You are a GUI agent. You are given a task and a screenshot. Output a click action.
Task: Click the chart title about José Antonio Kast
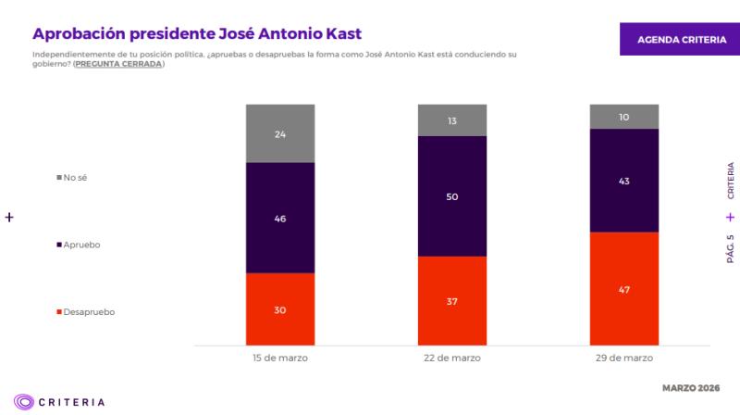tap(197, 33)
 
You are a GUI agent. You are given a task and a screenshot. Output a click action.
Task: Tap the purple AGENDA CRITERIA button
tap(674, 41)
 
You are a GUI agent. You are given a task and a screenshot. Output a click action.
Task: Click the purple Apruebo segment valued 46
tap(280, 218)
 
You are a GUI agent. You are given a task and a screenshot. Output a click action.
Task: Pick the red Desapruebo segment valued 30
tap(280, 309)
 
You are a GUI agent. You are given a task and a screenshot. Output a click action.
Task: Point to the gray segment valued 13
tap(452, 120)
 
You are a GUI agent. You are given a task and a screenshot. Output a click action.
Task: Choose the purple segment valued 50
tap(452, 196)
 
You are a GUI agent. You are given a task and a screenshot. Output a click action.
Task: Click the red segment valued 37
tap(452, 301)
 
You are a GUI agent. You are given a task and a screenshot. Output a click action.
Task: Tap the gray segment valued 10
tap(624, 117)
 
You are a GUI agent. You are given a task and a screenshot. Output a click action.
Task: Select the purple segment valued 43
tap(624, 181)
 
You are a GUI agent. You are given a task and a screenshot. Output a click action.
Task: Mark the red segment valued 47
tap(624, 289)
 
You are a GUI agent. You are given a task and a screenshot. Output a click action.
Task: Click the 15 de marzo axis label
tap(280, 358)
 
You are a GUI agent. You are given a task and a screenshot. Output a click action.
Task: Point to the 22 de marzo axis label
tap(452, 358)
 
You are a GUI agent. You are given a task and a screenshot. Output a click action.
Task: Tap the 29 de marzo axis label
tap(624, 358)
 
